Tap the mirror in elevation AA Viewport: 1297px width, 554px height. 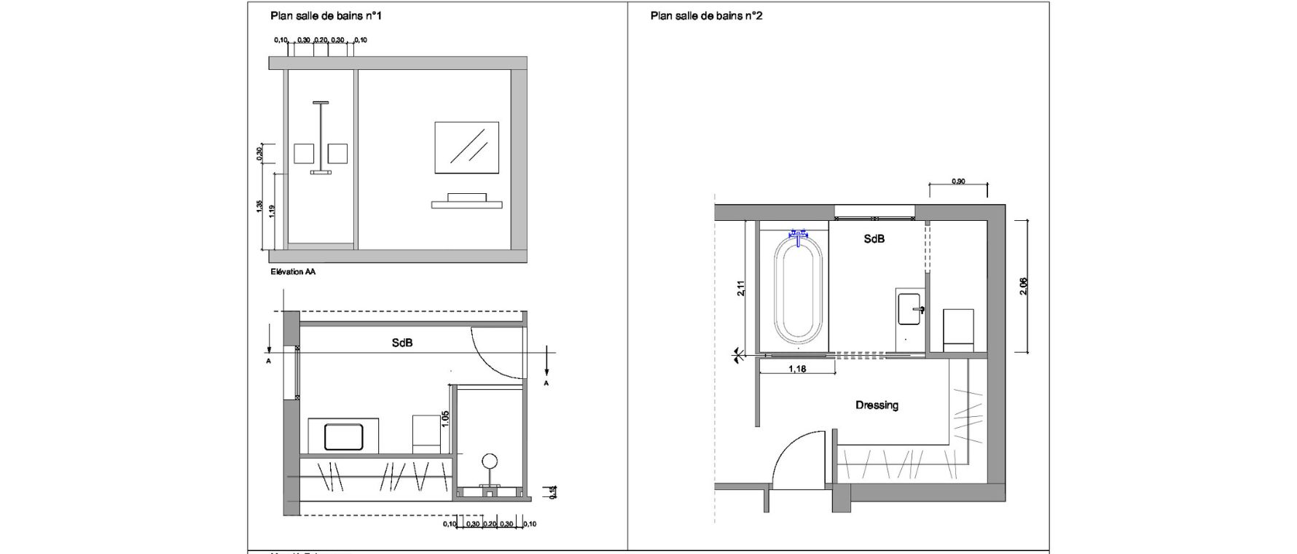(466, 147)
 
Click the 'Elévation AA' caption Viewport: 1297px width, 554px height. (292, 272)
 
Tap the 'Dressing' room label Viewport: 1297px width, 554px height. (877, 405)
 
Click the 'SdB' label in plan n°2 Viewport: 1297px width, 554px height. (874, 239)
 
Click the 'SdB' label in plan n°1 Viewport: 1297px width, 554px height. (402, 342)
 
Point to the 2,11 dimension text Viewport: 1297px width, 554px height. (741, 289)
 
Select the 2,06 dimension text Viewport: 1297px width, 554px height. (1024, 286)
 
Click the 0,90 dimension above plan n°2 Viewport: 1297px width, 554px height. (958, 182)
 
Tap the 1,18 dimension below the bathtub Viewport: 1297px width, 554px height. (797, 370)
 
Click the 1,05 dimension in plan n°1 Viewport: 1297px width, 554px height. (445, 419)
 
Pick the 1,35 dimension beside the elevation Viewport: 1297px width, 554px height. (259, 207)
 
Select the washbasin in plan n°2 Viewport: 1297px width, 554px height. (910, 308)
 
